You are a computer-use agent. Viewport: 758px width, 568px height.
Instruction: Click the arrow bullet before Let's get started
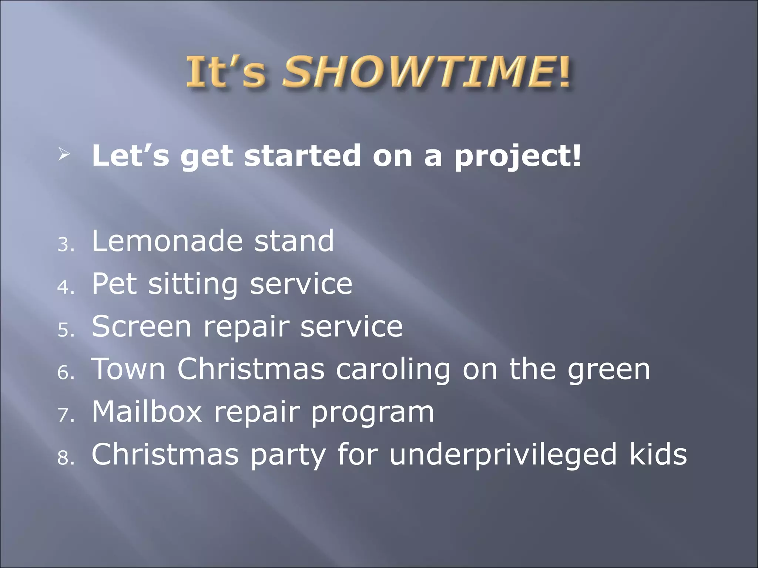click(x=64, y=155)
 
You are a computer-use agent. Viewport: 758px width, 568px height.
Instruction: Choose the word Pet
click(x=114, y=284)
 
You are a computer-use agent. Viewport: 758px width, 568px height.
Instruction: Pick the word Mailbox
click(x=147, y=412)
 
